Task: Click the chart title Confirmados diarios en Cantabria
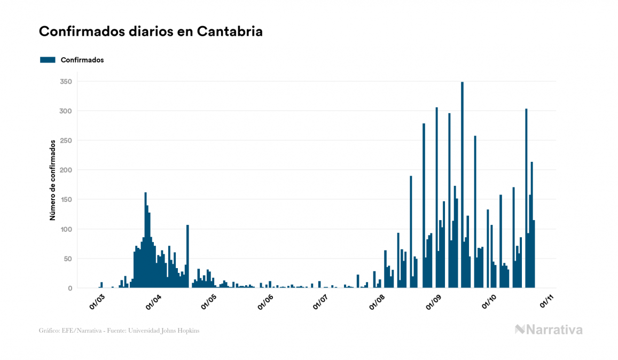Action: pyautogui.click(x=151, y=32)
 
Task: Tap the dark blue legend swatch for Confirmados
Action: pyautogui.click(x=48, y=60)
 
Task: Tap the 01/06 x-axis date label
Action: pyautogui.click(x=265, y=302)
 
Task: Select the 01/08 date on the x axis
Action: pyautogui.click(x=377, y=302)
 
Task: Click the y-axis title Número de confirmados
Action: pyautogui.click(x=53, y=181)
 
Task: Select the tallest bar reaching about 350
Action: pyautogui.click(x=462, y=185)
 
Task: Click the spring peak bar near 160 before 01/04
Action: pyautogui.click(x=145, y=240)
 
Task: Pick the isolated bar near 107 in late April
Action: pyautogui.click(x=187, y=256)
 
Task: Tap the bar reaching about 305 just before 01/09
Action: pyautogui.click(x=436, y=198)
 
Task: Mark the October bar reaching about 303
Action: pyautogui.click(x=526, y=198)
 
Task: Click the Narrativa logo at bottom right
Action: pyautogui.click(x=549, y=330)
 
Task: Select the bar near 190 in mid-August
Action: pyautogui.click(x=411, y=232)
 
